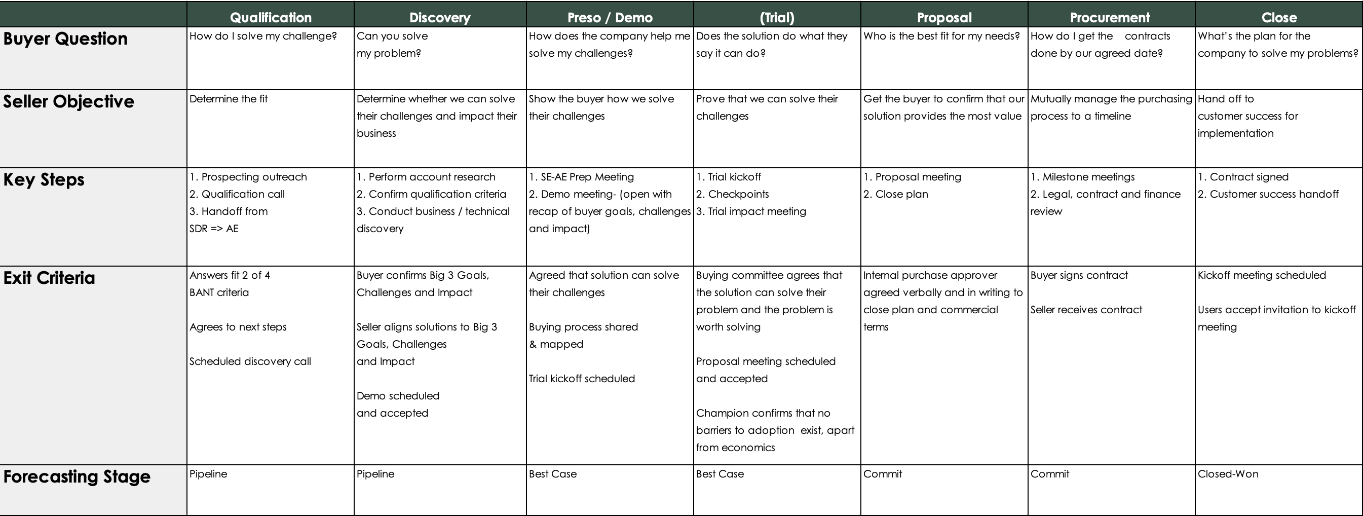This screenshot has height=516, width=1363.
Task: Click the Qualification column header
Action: pyautogui.click(x=271, y=17)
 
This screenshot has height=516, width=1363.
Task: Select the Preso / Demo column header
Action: pyautogui.click(x=610, y=17)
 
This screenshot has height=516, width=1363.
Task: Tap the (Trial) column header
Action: pyautogui.click(x=777, y=17)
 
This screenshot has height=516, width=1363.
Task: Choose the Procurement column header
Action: pyautogui.click(x=1110, y=17)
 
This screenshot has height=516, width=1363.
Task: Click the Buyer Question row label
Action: pyautogui.click(x=65, y=39)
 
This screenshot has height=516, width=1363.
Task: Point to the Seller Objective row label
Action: pyautogui.click(x=69, y=101)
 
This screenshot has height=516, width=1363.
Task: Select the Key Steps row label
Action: pyautogui.click(x=44, y=179)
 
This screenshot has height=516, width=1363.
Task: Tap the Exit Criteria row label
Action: pyautogui.click(x=49, y=278)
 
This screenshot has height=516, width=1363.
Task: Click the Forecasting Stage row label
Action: pyautogui.click(x=77, y=476)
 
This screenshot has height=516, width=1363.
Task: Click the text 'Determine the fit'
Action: pyautogui.click(x=229, y=99)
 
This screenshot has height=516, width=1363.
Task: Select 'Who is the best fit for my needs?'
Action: pyautogui.click(x=941, y=36)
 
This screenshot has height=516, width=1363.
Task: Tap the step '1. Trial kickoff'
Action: pyautogui.click(x=728, y=177)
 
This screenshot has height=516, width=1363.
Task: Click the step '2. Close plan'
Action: pyautogui.click(x=895, y=194)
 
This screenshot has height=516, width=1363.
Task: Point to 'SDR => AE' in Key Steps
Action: pyautogui.click(x=214, y=229)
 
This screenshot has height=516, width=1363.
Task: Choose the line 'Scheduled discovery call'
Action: pyautogui.click(x=250, y=361)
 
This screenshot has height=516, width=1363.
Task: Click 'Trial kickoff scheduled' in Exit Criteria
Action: pyautogui.click(x=582, y=379)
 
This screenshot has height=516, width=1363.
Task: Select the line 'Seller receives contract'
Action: pyautogui.click(x=1086, y=310)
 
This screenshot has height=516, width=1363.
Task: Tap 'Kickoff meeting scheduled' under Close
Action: pyautogui.click(x=1262, y=275)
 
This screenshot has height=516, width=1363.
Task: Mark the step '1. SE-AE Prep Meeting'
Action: pyautogui.click(x=581, y=177)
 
